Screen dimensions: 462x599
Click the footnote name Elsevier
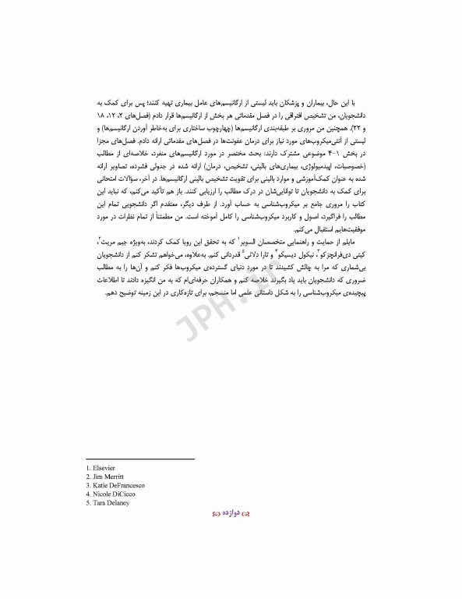coord(104,467)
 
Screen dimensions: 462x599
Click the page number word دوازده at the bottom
coord(231,516)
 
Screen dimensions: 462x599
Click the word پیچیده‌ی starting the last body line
coord(361,292)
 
